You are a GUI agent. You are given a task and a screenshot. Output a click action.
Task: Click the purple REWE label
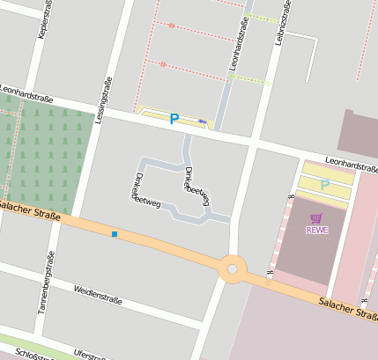[x=316, y=231]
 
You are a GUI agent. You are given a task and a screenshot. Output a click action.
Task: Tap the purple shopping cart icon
[x=316, y=218]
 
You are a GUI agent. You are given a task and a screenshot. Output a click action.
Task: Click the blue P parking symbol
[x=174, y=118]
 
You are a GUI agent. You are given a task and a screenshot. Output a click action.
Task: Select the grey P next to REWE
[x=324, y=185]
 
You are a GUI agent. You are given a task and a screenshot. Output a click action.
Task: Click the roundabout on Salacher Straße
[x=233, y=268]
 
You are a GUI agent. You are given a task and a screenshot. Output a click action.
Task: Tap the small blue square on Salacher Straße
[x=114, y=234]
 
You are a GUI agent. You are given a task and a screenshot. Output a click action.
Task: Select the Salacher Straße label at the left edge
[x=26, y=209]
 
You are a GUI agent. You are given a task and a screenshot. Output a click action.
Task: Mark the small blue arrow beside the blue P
[x=203, y=121]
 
